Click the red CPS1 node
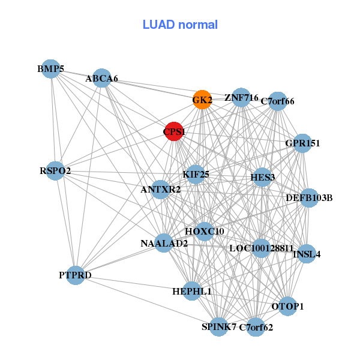tap(173, 131)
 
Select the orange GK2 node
tap(202, 100)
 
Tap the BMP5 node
tap(51, 69)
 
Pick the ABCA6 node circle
tap(102, 78)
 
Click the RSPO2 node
tap(56, 170)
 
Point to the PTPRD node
tap(76, 275)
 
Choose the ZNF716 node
tap(241, 97)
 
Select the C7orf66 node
tap(277, 101)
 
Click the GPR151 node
tap(302, 143)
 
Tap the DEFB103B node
tap(308, 197)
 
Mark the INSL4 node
tap(307, 254)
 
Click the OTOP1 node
tap(287, 306)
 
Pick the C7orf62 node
tap(256, 327)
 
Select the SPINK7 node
tap(219, 326)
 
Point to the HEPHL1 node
tap(192, 291)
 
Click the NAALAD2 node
tap(164, 243)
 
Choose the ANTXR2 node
tap(160, 190)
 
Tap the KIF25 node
tap(196, 175)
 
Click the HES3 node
tap(262, 177)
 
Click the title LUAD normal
tap(180, 25)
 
